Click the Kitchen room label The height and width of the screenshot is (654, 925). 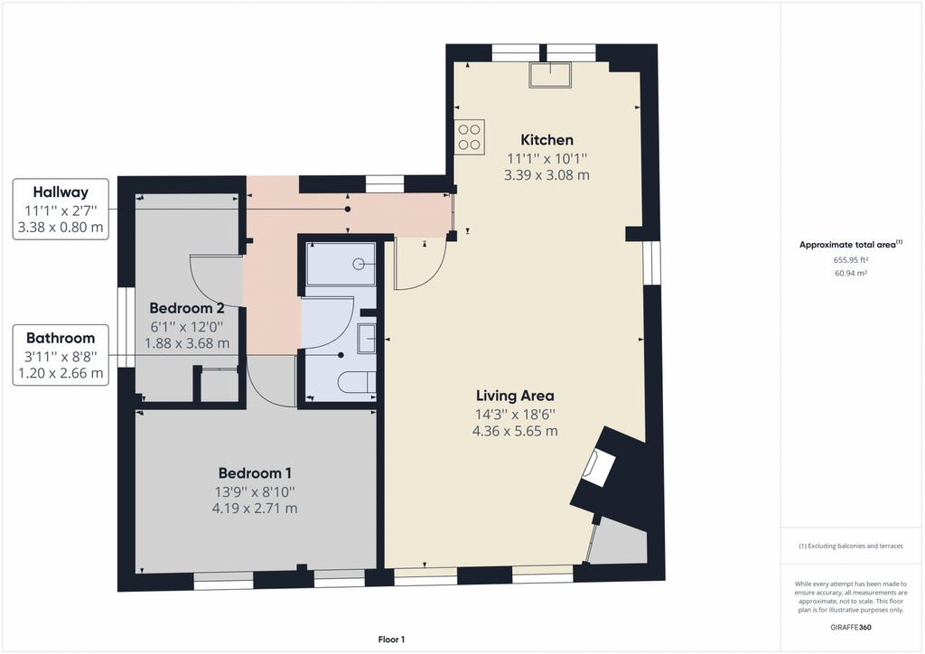[547, 140]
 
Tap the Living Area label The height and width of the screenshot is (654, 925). [515, 396]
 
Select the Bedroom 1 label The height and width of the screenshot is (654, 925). [255, 473]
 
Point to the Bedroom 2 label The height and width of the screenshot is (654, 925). [186, 308]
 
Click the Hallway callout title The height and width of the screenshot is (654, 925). [61, 192]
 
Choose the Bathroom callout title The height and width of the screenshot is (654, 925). [61, 338]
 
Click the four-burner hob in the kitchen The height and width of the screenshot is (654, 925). [470, 136]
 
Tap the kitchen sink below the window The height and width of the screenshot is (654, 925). [550, 74]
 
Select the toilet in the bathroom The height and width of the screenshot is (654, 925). [358, 383]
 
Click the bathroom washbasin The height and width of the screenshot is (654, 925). [367, 339]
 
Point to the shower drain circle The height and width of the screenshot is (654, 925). [359, 264]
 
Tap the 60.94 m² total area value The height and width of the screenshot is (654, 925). [850, 273]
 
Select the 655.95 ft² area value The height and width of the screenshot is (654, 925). [850, 259]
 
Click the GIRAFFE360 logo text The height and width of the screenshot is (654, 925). [851, 627]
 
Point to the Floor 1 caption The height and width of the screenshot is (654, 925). [391, 640]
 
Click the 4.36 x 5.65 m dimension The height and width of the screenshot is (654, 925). [515, 431]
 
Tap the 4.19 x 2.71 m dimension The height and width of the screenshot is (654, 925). [255, 509]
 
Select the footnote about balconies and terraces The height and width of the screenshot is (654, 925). [851, 547]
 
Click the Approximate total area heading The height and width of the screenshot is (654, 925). [851, 245]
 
